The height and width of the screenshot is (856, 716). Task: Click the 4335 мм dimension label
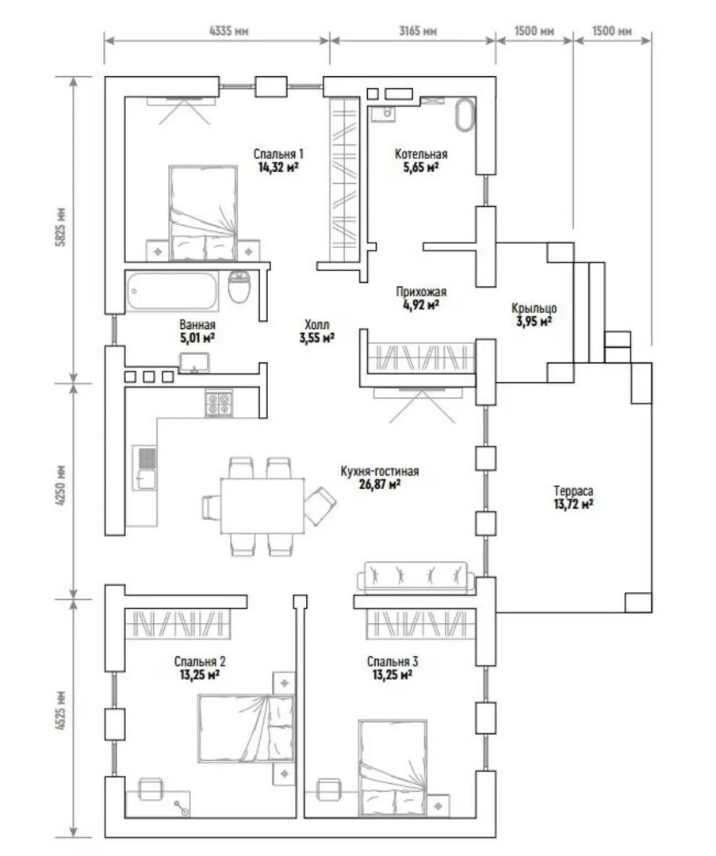(x=229, y=31)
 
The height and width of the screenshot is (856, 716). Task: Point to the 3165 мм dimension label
(x=418, y=31)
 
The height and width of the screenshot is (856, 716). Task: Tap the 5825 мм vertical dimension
(x=61, y=227)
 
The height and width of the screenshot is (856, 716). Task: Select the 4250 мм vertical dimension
(x=61, y=485)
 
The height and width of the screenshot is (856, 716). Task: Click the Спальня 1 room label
(x=278, y=155)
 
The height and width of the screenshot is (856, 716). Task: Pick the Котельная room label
(x=421, y=155)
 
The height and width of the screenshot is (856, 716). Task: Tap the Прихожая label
(x=421, y=292)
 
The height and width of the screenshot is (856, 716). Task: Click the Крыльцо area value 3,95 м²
(x=534, y=322)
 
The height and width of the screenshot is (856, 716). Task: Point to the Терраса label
(x=573, y=491)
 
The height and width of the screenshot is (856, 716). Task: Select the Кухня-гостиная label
(x=380, y=471)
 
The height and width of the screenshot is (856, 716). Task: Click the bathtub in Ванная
(x=172, y=291)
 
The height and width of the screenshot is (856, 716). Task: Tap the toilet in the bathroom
(x=239, y=287)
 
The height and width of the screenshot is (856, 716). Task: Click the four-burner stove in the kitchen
(x=219, y=404)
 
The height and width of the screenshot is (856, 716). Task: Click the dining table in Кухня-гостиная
(x=262, y=506)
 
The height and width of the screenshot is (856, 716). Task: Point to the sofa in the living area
(x=415, y=577)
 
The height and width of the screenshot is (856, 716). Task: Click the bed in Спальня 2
(x=246, y=728)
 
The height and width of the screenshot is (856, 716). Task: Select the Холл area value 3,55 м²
(x=316, y=338)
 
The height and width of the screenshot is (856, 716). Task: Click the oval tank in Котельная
(x=465, y=115)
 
